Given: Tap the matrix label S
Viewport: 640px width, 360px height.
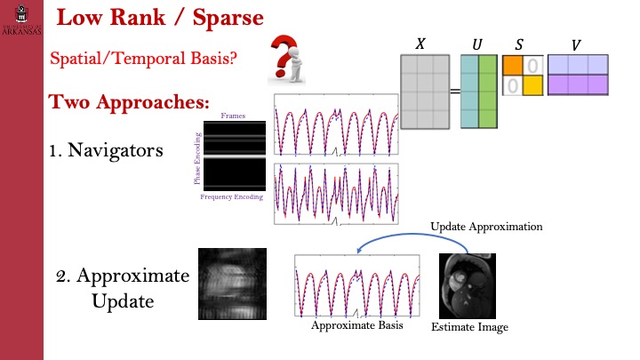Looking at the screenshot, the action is click(x=521, y=44).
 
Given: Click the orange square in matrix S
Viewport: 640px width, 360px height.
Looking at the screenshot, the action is click(x=512, y=65).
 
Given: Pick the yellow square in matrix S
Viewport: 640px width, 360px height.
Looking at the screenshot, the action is click(x=531, y=85).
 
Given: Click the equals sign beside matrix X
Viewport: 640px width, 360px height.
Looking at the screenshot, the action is click(x=453, y=92).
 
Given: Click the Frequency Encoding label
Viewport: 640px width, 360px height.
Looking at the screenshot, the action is click(x=232, y=196).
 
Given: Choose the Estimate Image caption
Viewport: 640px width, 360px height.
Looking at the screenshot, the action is click(x=469, y=328).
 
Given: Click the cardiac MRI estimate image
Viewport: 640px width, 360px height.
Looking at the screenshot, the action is click(x=468, y=284).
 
